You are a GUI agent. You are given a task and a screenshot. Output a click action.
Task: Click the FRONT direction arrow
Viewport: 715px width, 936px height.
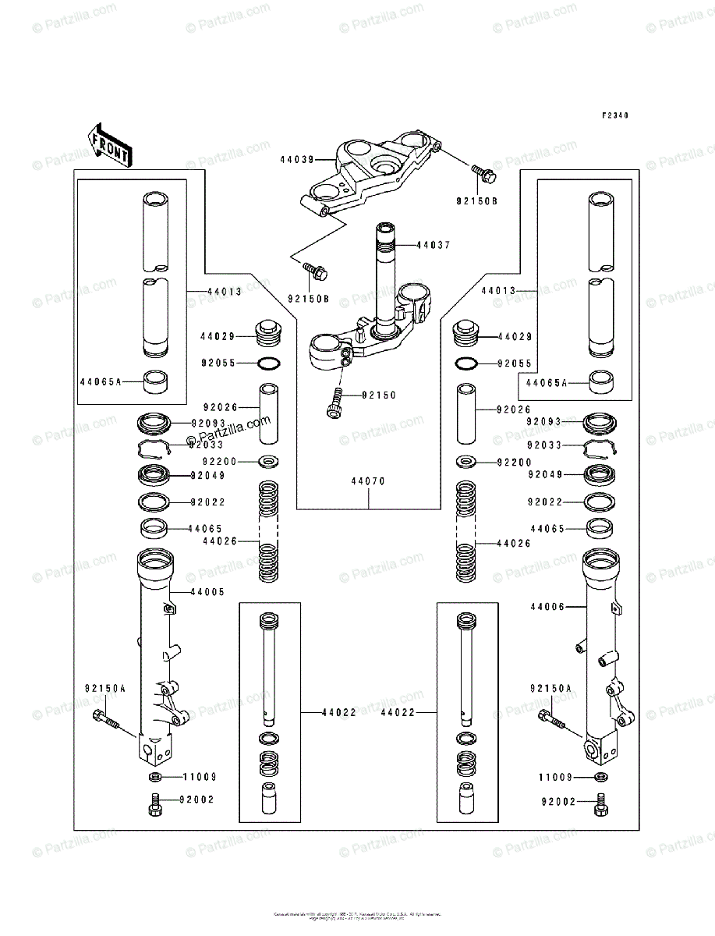110,145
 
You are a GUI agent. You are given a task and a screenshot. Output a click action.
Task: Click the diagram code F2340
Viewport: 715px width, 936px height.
614,115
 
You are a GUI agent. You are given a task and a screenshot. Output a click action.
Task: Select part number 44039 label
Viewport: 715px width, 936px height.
296,159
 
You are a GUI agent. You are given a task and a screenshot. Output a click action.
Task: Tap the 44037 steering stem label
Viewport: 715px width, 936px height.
434,245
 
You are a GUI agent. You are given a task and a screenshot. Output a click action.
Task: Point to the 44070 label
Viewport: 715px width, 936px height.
367,481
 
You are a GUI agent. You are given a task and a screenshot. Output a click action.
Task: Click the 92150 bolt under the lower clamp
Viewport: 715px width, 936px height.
335,402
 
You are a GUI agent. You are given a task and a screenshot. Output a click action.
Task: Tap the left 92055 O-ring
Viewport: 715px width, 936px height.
268,363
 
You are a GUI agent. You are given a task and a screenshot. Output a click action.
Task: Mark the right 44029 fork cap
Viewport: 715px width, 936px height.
465,334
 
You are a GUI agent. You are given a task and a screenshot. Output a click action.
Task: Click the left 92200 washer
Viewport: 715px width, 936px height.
268,462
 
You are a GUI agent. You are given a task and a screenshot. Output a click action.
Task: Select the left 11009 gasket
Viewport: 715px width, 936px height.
154,778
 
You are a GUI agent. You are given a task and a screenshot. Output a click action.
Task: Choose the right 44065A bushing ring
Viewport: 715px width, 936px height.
600,382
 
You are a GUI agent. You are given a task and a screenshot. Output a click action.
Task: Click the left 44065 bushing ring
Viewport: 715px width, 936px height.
154,529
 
